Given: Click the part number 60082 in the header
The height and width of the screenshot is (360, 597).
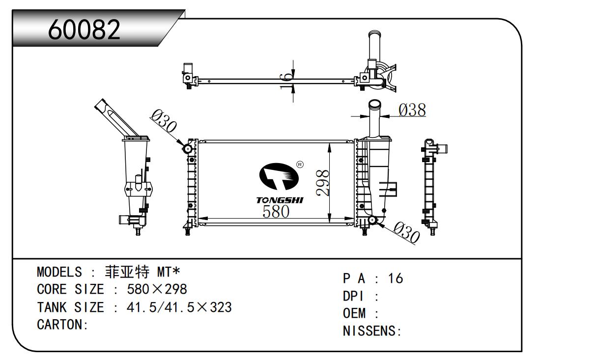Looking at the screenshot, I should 85,30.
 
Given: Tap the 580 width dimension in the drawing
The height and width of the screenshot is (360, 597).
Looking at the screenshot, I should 276,211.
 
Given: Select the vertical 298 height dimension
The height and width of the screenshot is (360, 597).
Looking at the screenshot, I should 323,183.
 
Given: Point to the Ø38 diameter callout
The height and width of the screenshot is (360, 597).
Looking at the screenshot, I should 412,110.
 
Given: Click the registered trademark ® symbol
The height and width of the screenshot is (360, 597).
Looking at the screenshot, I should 300,165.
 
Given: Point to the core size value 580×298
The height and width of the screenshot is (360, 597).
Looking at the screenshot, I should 157,289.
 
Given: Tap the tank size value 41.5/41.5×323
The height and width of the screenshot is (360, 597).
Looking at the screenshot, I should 179,307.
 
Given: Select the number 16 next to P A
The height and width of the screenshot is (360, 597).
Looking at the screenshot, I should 395,278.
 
